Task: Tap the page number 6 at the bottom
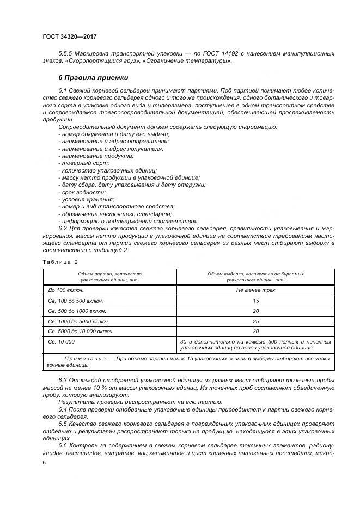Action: point(44,462)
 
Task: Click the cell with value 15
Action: point(255,301)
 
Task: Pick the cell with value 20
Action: point(255,311)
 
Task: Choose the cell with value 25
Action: point(255,321)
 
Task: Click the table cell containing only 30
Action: point(255,331)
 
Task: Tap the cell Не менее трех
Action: point(255,290)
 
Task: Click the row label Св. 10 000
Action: point(62,341)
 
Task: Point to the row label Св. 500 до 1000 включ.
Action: point(77,311)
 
